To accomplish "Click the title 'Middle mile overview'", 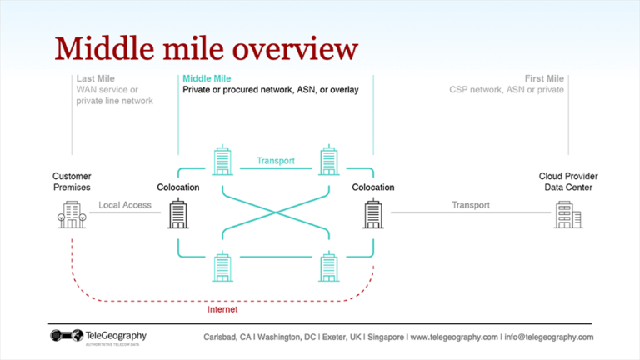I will tap(205, 48).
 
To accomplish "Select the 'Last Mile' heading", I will tap(93, 78).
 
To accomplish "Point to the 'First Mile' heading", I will tap(544, 78).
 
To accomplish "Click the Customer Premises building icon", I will tap(71, 214).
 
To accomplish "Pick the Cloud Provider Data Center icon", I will tap(568, 214).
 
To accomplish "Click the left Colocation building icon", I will tap(178, 213).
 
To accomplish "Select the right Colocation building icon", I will tap(372, 213).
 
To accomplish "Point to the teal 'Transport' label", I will tap(276, 160).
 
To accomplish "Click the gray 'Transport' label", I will tap(471, 205).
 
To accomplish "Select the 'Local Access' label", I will tap(125, 205).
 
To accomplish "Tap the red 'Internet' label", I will tap(222, 309).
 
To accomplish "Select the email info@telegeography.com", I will tap(549, 337).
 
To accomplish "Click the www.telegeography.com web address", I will tap(454, 337).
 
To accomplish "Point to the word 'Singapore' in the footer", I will tap(384, 337).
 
